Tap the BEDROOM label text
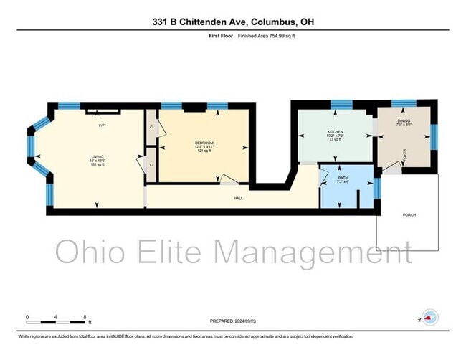point(204,143)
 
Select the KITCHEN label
point(335,132)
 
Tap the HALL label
point(238,198)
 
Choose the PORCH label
point(409,214)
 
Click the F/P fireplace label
point(103,125)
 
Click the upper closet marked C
point(151,128)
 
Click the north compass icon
point(429,316)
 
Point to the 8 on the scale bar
point(85,316)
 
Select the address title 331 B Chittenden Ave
point(232,22)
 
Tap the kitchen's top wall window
point(336,105)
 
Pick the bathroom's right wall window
point(378,187)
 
